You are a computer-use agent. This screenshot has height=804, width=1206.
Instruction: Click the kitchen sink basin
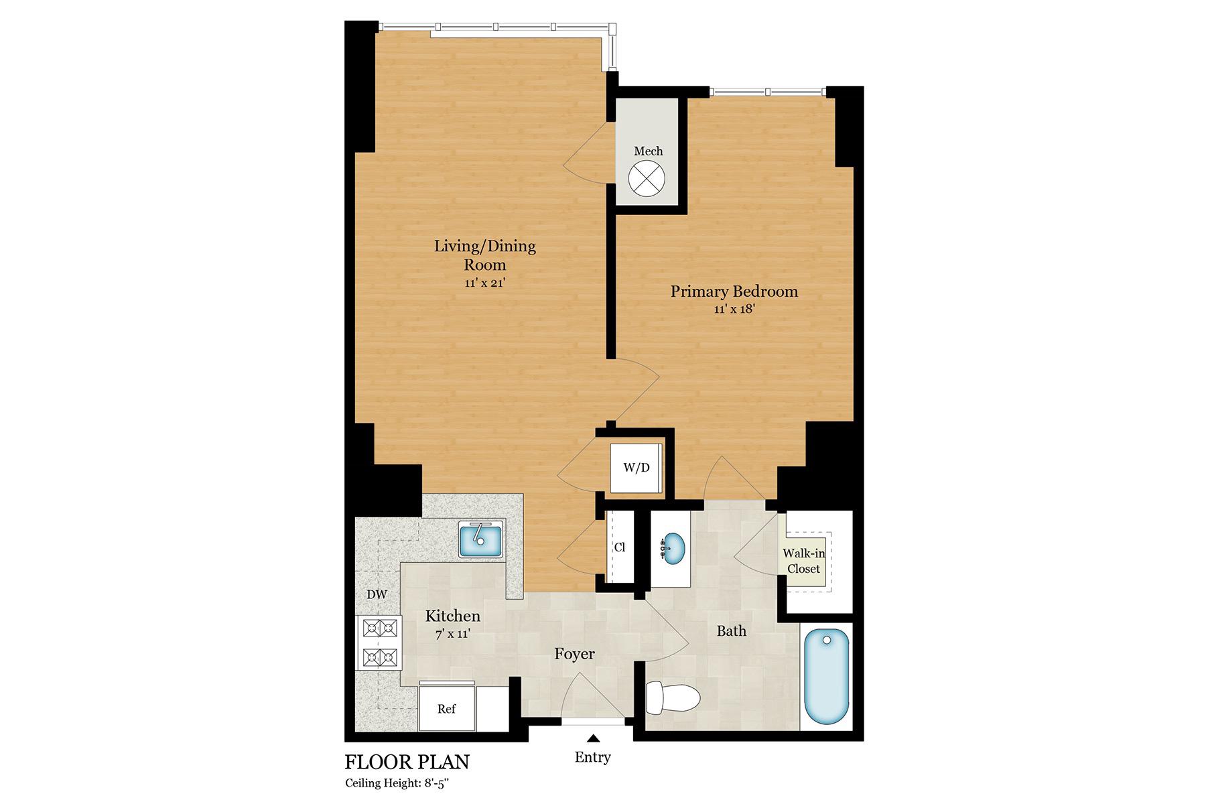[x=481, y=539]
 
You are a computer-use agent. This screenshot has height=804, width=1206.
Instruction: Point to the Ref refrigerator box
[x=448, y=708]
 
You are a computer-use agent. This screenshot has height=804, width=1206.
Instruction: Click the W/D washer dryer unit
[x=636, y=467]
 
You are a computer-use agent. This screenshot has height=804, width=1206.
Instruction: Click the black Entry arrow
[x=593, y=738]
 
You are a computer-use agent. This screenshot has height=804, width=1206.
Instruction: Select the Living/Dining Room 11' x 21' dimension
[x=484, y=283]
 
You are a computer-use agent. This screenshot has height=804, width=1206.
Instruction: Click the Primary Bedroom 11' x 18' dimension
[x=734, y=309]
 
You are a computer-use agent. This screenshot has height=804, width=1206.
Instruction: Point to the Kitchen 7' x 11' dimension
[x=453, y=633]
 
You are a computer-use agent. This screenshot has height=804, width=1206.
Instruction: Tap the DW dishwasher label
[x=377, y=594]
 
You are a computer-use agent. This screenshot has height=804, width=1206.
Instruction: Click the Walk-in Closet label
[x=804, y=561]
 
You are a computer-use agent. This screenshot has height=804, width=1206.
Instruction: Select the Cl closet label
[x=620, y=547]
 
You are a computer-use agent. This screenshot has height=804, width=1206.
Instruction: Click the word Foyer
[x=575, y=654]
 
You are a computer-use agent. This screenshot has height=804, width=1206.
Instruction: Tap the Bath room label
[x=732, y=630]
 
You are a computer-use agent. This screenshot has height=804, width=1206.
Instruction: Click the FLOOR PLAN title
[x=407, y=762]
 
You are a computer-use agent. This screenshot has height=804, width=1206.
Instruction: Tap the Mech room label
[x=649, y=151]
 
